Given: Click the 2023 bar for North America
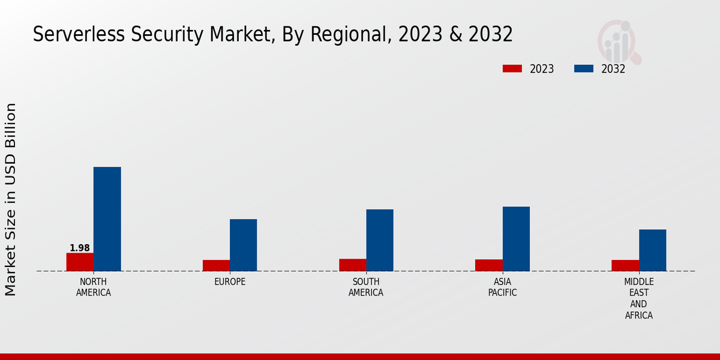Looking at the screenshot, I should (80, 262).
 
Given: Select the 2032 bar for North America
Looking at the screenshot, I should (107, 219).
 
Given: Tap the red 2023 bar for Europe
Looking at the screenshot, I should (216, 265).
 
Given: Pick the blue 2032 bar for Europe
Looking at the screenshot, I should (244, 245).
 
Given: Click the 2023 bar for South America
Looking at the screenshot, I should (352, 265).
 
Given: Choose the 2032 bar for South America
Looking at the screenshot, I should (380, 240).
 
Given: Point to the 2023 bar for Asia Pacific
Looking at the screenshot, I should (488, 265).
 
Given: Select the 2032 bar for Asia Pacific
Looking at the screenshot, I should (516, 239).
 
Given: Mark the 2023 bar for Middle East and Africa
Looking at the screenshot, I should (625, 265).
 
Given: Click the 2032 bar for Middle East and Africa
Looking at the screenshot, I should (653, 250).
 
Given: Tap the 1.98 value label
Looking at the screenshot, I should (80, 248).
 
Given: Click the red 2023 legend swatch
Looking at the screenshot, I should (512, 69).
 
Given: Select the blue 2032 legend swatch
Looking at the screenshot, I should (584, 69).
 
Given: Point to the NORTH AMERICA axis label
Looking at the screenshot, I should (94, 287).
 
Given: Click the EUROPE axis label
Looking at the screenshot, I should (230, 282).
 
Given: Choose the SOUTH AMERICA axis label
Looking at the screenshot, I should (366, 287).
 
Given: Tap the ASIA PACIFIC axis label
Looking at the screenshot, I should (502, 287).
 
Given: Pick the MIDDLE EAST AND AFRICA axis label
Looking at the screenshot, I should (639, 298).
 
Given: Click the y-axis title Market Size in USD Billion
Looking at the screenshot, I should (11, 199).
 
